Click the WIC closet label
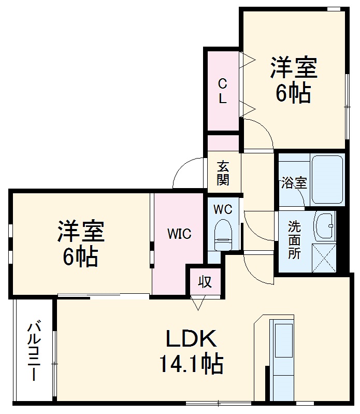(179, 234)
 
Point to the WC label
(223, 209)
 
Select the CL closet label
(222, 91)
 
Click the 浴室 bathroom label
(294, 182)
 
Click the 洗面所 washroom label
(294, 240)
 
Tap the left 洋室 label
(81, 232)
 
